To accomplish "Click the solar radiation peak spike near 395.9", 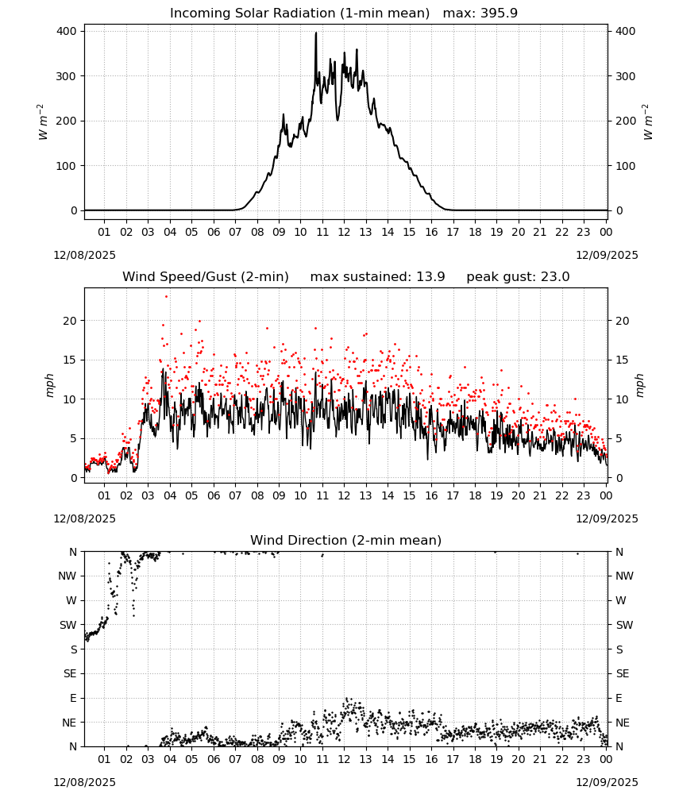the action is [x=316, y=33].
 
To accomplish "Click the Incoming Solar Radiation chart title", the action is [x=299, y=13].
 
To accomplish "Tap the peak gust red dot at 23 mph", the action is [x=166, y=297].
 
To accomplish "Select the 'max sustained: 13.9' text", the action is [x=377, y=277].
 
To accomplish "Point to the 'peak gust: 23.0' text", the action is [x=518, y=277].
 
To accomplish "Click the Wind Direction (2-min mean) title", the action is [x=346, y=540].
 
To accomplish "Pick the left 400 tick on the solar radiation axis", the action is [x=67, y=32].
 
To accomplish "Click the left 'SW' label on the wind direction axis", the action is [x=68, y=625].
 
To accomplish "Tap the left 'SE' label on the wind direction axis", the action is [x=70, y=673].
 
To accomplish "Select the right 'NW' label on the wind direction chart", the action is [x=624, y=576].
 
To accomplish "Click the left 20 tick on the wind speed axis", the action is [x=71, y=321].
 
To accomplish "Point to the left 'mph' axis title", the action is [x=49, y=385].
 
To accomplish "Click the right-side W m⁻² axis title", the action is [x=648, y=122].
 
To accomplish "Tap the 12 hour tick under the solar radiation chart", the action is [x=344, y=232].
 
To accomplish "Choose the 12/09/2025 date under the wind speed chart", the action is [x=607, y=518].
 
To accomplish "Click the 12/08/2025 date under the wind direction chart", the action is [x=84, y=782].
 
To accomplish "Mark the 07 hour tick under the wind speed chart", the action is [x=235, y=495].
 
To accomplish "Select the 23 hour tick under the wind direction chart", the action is [x=584, y=759].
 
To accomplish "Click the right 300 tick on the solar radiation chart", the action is [x=626, y=76].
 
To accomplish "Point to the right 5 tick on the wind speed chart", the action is [x=619, y=438].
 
